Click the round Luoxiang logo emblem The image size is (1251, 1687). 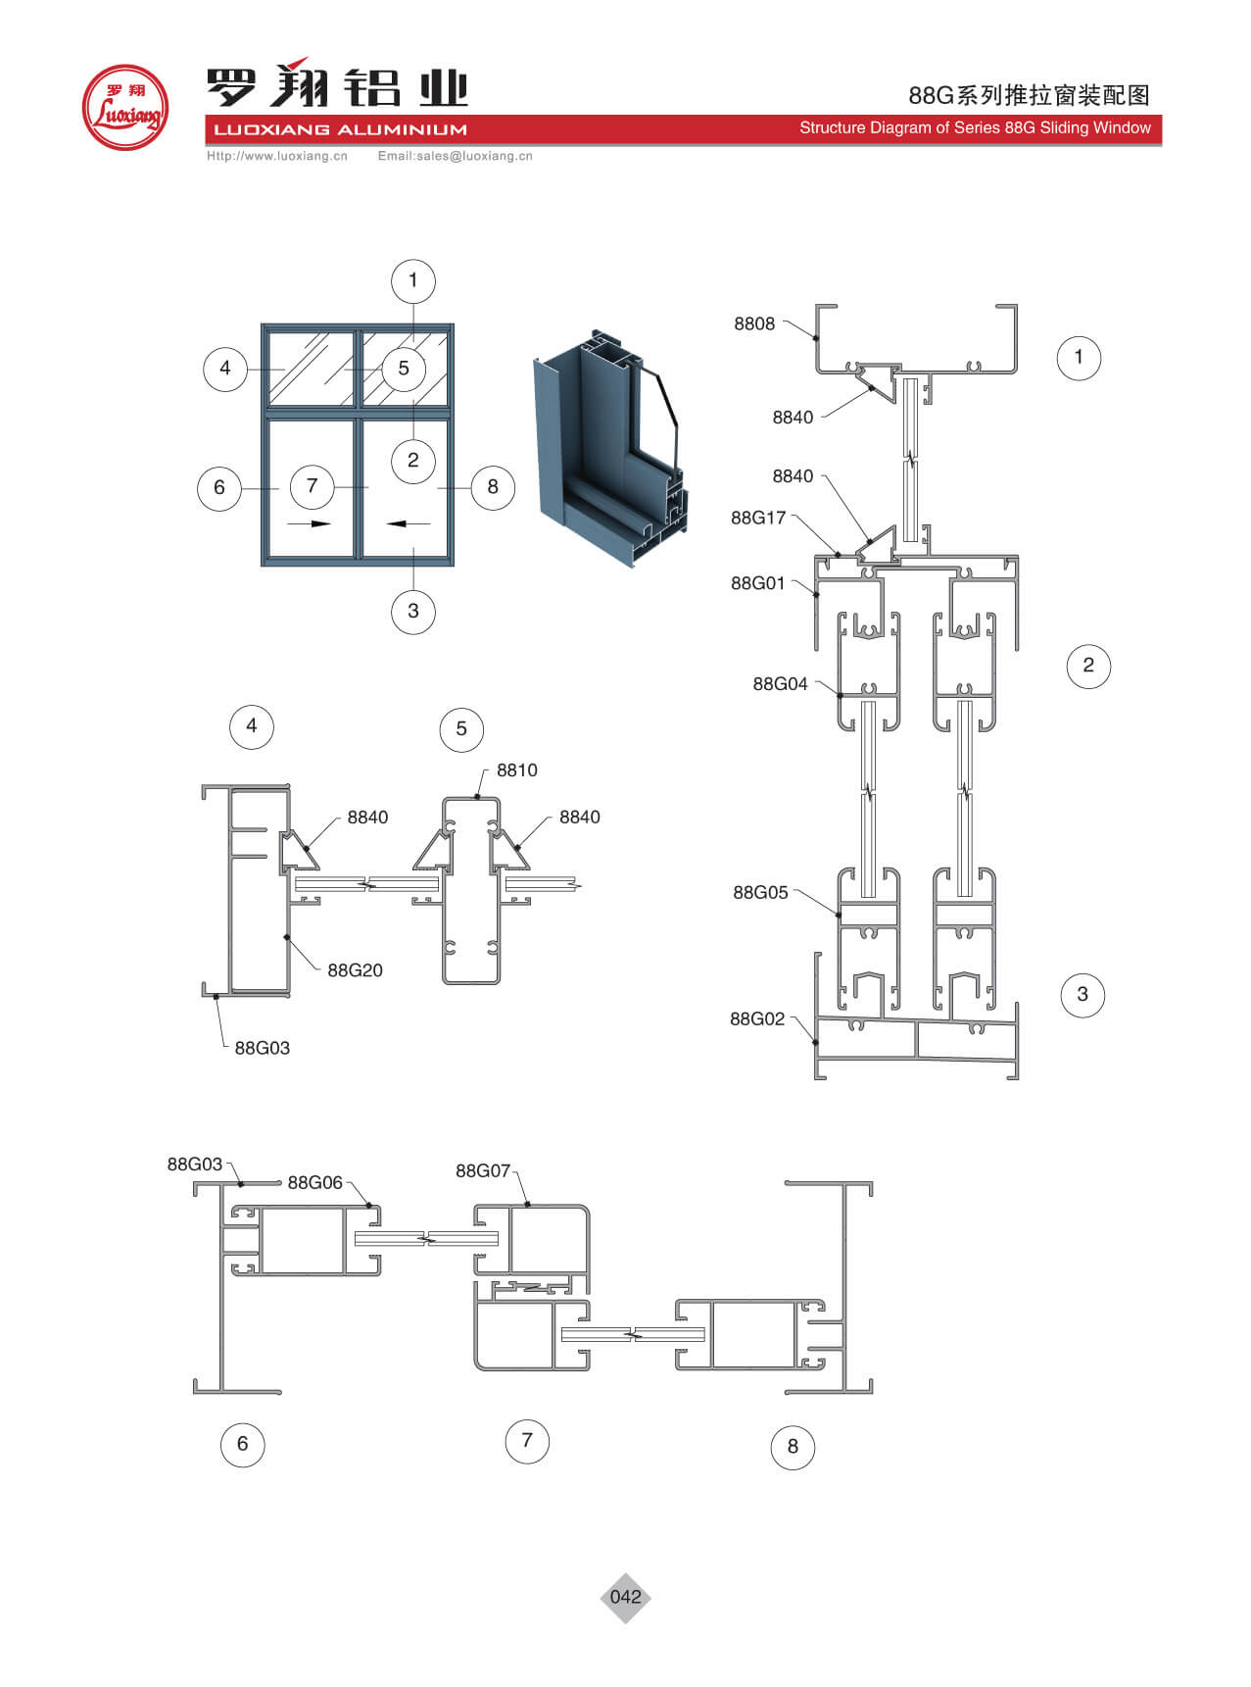pos(125,108)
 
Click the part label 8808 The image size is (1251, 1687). pos(753,323)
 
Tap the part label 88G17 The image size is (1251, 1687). pos(758,518)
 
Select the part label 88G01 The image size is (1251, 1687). pos(757,583)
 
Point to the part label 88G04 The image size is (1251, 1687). pos(780,684)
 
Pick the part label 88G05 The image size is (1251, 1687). pos(760,892)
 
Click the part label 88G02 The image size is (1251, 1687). pos(757,1018)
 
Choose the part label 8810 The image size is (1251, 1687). pos(516,770)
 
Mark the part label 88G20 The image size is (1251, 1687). pos(355,970)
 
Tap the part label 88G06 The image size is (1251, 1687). pos(314,1183)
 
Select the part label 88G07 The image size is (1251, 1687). pos(483,1170)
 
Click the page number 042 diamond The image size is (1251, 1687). pos(625,1597)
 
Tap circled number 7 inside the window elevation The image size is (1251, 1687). pos(312,486)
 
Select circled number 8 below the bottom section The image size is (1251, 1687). pos(793,1447)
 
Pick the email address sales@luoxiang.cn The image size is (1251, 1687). pos(455,156)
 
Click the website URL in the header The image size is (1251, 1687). pos(277,156)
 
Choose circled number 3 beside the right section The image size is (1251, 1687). pos(1082,994)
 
